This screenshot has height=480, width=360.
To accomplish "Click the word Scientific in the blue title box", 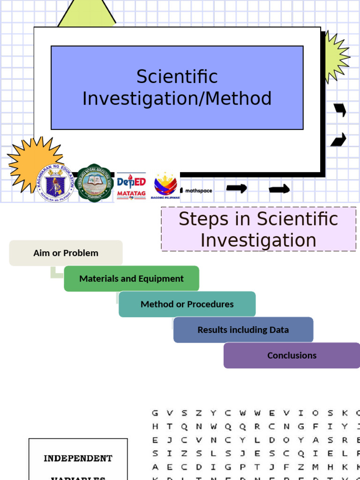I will [177, 77].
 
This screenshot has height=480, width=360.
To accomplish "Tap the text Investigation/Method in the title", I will [177, 99].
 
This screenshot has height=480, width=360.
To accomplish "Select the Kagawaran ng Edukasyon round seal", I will [55, 183].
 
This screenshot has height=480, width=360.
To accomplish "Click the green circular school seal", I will [94, 183].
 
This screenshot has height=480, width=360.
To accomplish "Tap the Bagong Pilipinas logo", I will [165, 185].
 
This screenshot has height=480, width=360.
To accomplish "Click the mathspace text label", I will [198, 191].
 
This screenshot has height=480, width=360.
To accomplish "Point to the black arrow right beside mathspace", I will [236, 188].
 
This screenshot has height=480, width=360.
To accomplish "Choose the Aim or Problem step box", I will [66, 253].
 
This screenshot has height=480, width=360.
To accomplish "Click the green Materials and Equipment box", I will [131, 278].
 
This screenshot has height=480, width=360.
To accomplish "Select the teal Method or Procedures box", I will [187, 304].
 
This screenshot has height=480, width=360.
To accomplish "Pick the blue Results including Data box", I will [243, 330].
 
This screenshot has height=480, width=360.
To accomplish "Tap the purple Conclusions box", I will [292, 355].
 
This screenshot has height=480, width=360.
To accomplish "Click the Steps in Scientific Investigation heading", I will [258, 229].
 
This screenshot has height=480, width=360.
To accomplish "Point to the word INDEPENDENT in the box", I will [78, 458].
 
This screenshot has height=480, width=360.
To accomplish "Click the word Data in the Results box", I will [279, 330].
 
